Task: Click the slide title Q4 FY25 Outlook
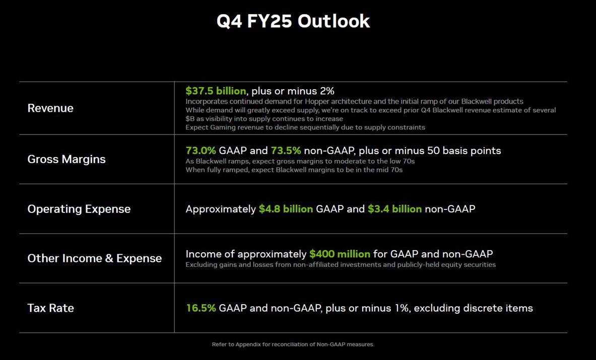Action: [293, 21]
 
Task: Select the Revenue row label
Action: [50, 108]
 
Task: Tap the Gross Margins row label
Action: [67, 159]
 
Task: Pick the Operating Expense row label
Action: [79, 209]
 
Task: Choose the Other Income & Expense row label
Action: [95, 258]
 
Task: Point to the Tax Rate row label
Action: [50, 308]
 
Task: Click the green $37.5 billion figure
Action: [216, 91]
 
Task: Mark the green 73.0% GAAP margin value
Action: [201, 151]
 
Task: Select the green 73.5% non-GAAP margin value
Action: [286, 151]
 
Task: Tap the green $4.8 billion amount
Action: [286, 209]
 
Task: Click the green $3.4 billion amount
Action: [394, 209]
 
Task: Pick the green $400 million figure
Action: [340, 254]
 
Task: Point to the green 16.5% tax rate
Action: [201, 308]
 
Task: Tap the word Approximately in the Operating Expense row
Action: [221, 209]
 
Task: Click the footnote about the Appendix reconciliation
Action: [293, 344]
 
